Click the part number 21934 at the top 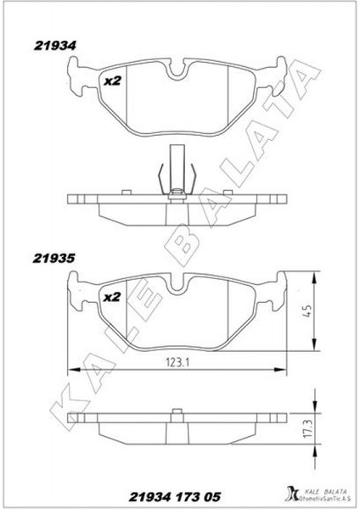pos(55,46)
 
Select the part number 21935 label pos(54,259)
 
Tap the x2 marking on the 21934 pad pos(112,81)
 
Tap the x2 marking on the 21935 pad pos(112,297)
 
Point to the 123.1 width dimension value pos(177,362)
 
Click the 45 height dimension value pos(307,311)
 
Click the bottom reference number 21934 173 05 pos(175,497)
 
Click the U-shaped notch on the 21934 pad pos(177,69)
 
